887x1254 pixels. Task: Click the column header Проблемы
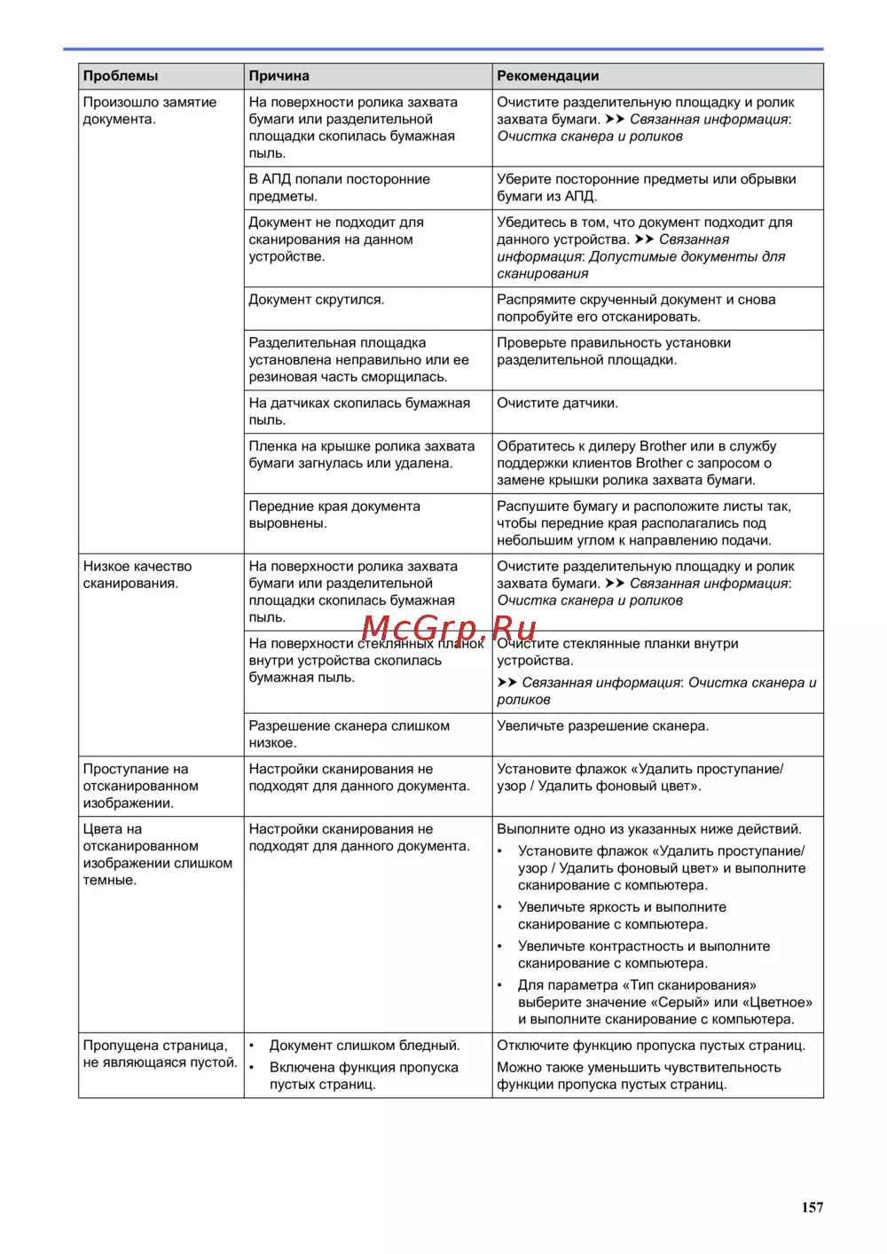[x=121, y=76]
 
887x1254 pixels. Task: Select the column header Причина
[x=279, y=76]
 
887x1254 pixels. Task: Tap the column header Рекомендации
[x=547, y=76]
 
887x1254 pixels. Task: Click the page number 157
[x=812, y=1207]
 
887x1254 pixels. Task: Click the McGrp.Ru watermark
[x=449, y=629]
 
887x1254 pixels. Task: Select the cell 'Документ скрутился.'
[x=317, y=300]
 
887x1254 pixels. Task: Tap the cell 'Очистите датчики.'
[x=557, y=404]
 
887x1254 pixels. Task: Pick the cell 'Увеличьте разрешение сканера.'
[x=602, y=726]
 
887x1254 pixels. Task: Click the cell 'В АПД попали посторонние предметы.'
[x=339, y=188]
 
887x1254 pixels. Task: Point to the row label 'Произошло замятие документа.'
[x=149, y=111]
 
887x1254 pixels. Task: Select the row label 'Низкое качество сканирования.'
[x=137, y=575]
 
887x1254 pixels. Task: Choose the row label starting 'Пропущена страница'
[x=160, y=1054]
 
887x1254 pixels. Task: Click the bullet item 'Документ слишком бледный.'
[x=365, y=1046]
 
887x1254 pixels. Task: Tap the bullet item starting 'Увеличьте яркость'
[x=622, y=915]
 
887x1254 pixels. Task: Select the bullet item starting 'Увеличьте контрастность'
[x=644, y=954]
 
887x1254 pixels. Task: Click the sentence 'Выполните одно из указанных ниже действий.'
[x=649, y=829]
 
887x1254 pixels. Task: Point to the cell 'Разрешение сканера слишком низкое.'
[x=349, y=734]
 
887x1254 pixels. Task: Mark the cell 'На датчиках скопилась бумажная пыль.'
[x=358, y=411]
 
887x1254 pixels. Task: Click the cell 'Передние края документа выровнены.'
[x=334, y=514]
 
